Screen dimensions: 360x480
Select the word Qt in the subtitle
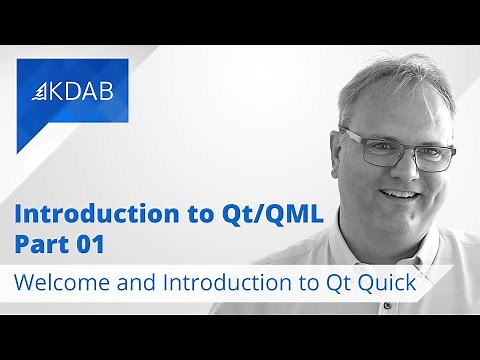click(x=366, y=283)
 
